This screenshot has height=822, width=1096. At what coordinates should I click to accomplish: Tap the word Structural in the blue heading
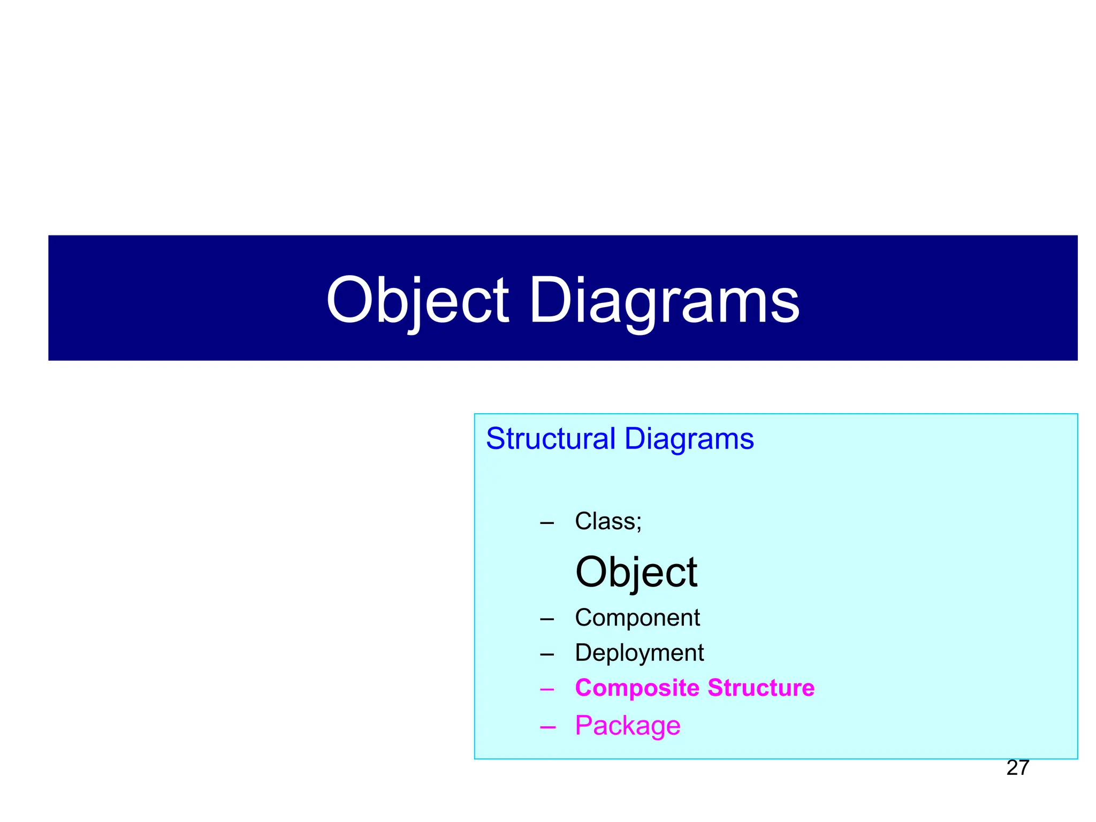point(551,439)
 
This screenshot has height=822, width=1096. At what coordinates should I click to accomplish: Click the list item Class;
point(608,521)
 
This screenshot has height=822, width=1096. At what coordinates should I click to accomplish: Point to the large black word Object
point(636,572)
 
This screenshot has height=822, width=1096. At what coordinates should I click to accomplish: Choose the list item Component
point(637,618)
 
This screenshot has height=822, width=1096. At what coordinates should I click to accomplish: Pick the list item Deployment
point(639,653)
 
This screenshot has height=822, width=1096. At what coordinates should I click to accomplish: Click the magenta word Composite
point(636,688)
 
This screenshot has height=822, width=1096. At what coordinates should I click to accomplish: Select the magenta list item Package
point(627,726)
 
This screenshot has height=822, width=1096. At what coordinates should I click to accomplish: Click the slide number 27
point(1017,768)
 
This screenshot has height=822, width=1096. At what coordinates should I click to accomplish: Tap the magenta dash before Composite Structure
point(547,689)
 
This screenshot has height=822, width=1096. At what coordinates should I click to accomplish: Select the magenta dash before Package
point(547,727)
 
